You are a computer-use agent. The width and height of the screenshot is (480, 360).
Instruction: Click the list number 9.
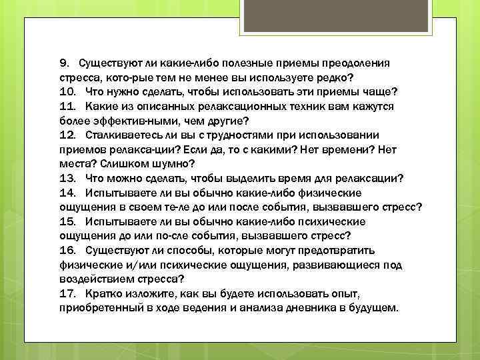pyautogui.click(x=64, y=63)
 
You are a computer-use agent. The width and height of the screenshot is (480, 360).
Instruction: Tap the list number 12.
pyautogui.click(x=67, y=135)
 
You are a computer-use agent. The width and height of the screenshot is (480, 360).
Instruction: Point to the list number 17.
pyautogui.click(x=67, y=294)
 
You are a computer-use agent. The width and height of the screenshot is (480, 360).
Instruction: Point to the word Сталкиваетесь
pyautogui.click(x=122, y=135)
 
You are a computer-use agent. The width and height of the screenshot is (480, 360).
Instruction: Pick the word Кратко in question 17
pyautogui.click(x=102, y=294)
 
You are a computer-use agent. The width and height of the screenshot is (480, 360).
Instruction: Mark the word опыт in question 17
pyautogui.click(x=341, y=294)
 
